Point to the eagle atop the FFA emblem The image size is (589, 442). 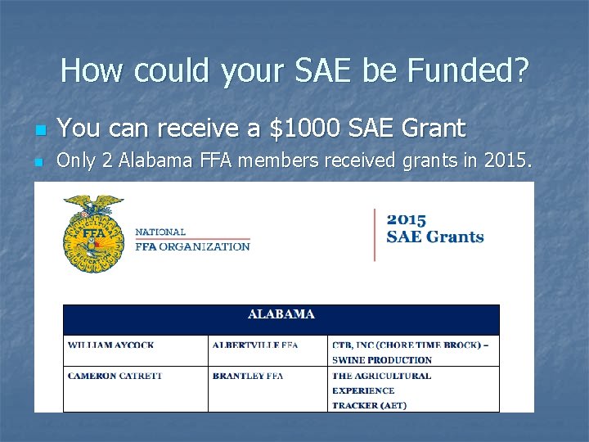93,205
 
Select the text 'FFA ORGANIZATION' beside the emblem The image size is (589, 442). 192,246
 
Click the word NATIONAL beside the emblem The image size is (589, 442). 160,232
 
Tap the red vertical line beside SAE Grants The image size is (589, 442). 375,235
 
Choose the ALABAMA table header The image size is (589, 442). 281,314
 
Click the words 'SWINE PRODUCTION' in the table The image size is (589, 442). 381,360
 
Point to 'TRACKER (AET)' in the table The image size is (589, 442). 369,405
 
